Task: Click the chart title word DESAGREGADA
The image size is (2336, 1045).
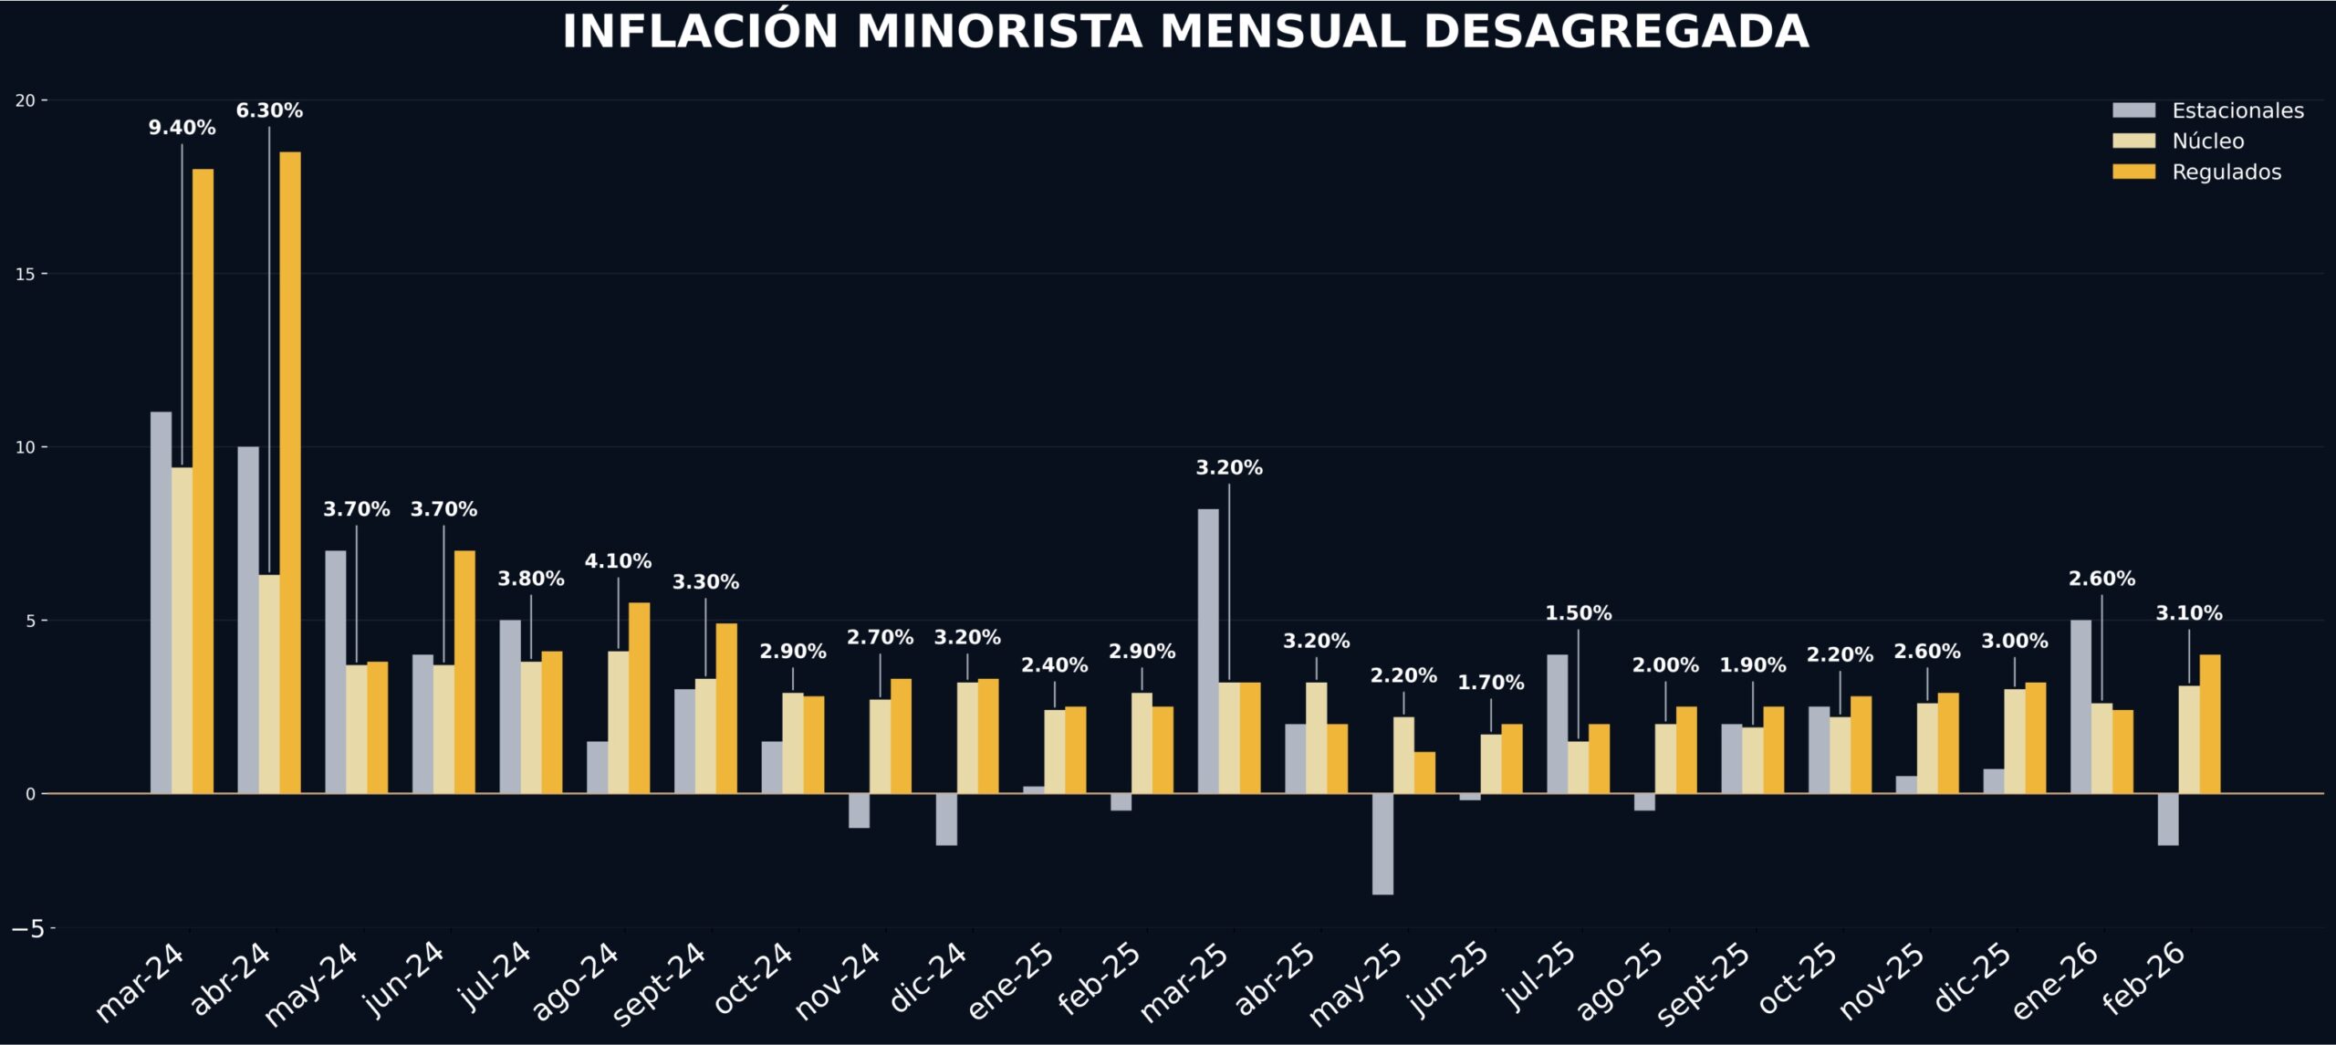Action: [x=1615, y=32]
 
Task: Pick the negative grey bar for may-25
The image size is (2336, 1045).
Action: [x=1382, y=844]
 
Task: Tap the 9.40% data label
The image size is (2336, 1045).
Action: [x=182, y=128]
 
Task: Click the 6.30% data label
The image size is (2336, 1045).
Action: [x=269, y=110]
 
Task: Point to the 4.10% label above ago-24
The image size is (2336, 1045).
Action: [x=618, y=561]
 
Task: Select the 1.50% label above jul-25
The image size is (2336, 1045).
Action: [x=1578, y=613]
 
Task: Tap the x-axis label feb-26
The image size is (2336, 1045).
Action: [x=2144, y=978]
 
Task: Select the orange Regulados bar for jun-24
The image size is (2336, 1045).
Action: [x=464, y=672]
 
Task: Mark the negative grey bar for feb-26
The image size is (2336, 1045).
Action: [x=2168, y=820]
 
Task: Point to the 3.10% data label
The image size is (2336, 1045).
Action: [x=2188, y=613]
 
